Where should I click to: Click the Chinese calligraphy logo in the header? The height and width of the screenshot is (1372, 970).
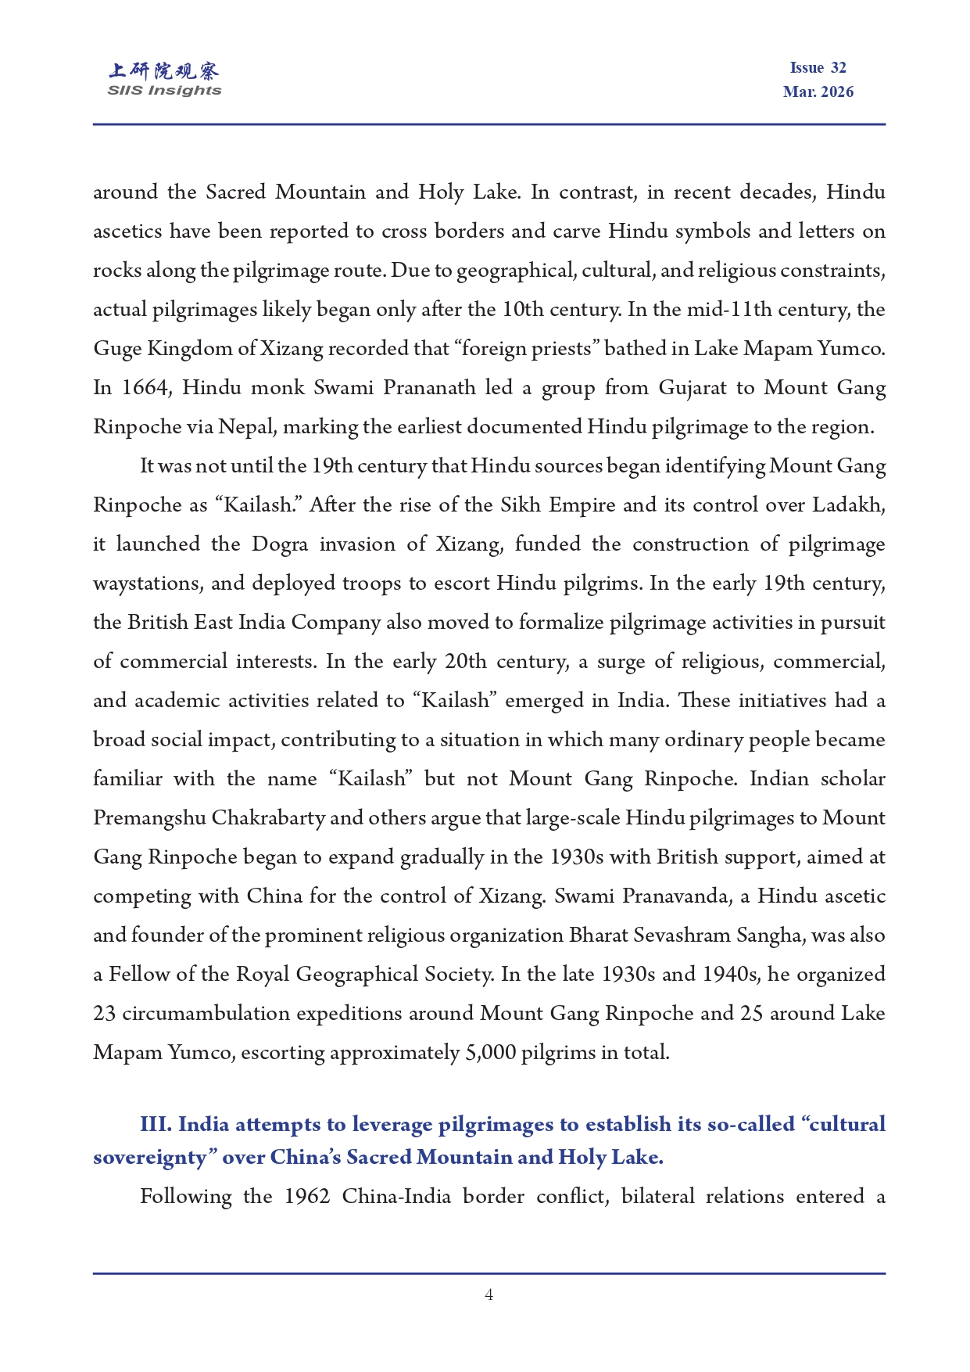pyautogui.click(x=164, y=71)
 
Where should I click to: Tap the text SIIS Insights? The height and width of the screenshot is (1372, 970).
pyautogui.click(x=164, y=91)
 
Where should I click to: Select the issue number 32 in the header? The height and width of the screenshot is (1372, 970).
pyautogui.click(x=839, y=68)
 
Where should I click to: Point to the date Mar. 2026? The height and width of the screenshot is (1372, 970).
pyautogui.click(x=818, y=92)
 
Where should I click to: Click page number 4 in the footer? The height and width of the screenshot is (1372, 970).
pyautogui.click(x=489, y=1295)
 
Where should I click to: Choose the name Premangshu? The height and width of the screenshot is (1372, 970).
pyautogui.click(x=149, y=818)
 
